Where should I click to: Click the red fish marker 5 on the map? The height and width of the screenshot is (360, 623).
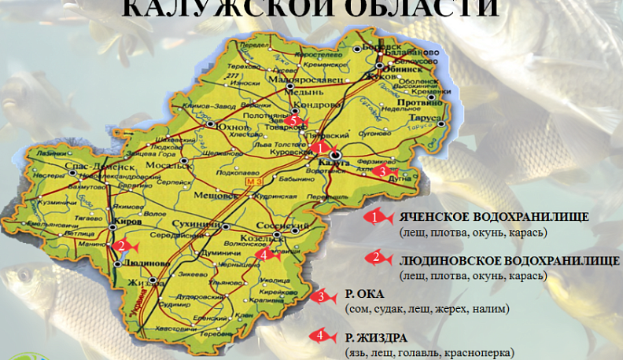(x=296, y=121)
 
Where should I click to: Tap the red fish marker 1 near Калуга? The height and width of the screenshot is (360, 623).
(x=321, y=148)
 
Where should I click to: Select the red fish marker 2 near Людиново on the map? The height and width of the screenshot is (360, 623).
(x=123, y=246)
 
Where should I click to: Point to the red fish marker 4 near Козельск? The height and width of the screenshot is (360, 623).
(x=267, y=255)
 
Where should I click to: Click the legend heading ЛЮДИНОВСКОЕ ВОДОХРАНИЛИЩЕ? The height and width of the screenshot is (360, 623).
(x=510, y=260)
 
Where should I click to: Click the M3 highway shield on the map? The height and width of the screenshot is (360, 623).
(x=252, y=182)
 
